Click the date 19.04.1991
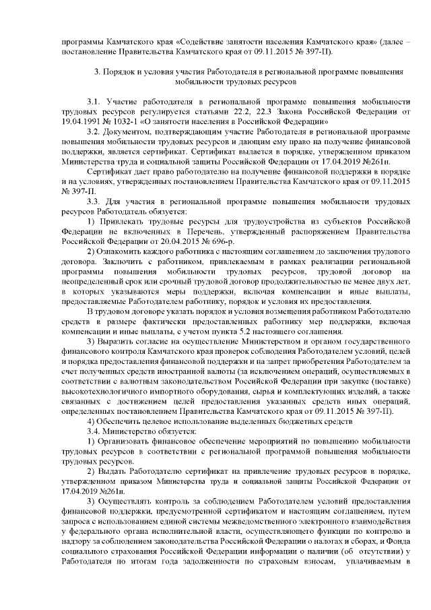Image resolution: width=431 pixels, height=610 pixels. [79, 122]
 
